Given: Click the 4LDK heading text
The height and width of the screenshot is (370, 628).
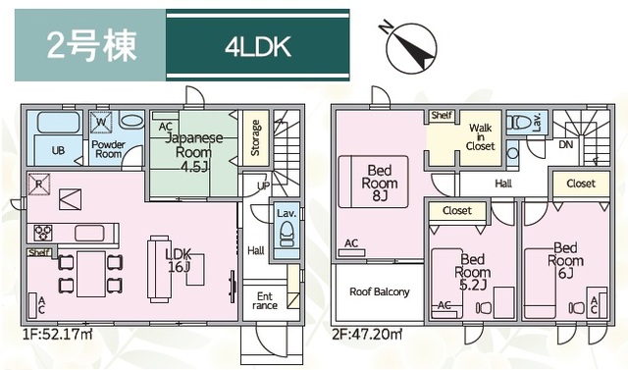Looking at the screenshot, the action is [x=257, y=47].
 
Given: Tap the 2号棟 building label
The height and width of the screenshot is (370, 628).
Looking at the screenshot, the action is [x=91, y=45].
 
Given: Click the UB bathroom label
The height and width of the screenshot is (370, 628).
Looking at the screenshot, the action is [x=58, y=150].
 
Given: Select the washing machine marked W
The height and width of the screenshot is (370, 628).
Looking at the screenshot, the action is [x=101, y=122].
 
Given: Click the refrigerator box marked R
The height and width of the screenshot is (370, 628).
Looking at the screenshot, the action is [x=39, y=185].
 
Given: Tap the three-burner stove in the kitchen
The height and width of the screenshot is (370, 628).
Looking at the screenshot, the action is [x=43, y=233].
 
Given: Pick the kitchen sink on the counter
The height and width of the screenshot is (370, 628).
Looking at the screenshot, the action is [x=89, y=233].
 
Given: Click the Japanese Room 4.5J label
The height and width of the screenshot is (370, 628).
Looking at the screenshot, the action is [x=194, y=152].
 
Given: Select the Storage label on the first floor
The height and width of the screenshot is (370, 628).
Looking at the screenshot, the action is [x=255, y=137].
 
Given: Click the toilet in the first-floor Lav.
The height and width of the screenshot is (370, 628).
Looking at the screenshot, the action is [x=287, y=235].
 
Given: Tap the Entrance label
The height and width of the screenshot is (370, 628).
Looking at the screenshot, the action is [x=265, y=300].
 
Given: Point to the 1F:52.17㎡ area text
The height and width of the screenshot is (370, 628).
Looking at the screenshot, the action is [x=58, y=333].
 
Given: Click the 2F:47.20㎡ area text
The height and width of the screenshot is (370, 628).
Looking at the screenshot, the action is [x=367, y=334].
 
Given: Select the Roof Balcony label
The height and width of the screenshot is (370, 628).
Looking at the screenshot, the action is [x=380, y=291].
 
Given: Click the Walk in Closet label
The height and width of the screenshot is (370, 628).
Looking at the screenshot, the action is [x=481, y=137].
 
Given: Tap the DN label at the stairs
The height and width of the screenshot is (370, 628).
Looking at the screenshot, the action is [x=566, y=144].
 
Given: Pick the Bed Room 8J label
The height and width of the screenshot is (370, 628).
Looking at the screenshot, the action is [x=380, y=184].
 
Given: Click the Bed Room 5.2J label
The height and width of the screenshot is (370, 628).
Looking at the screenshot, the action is [x=473, y=272].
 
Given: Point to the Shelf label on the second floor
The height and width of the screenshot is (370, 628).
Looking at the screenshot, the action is [x=442, y=116].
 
